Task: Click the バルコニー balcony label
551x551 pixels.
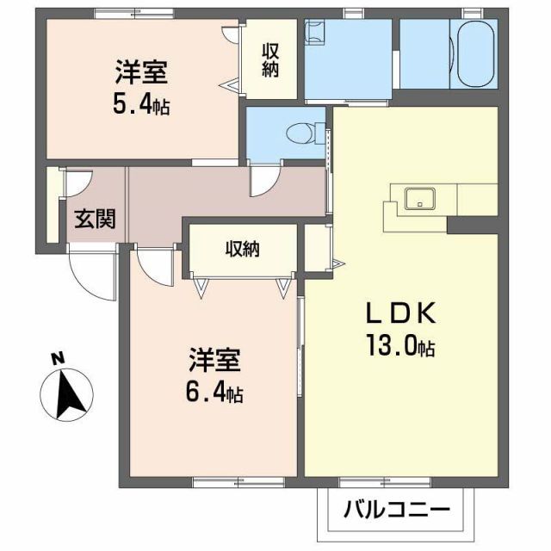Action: tap(398, 509)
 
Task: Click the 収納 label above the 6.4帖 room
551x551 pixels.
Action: tap(243, 250)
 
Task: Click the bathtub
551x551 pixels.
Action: tap(474, 54)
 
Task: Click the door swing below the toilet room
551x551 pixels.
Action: tap(261, 183)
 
